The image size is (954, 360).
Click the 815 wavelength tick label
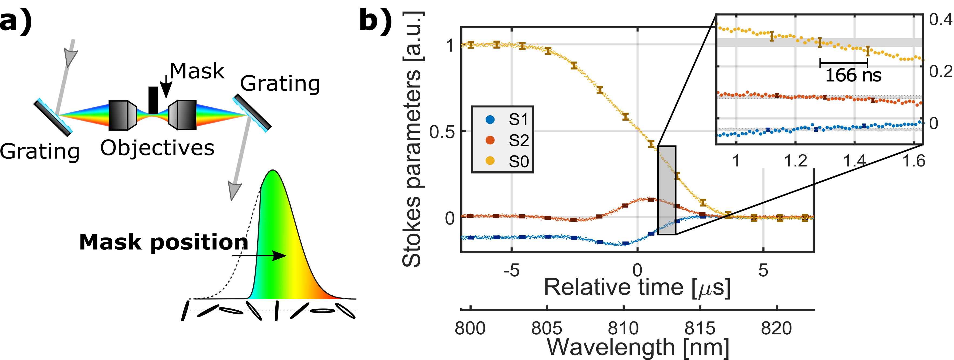[x=700, y=328]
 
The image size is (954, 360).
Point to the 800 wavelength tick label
[x=470, y=328]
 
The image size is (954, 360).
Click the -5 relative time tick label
[x=512, y=271]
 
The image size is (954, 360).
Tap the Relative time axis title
[x=637, y=287]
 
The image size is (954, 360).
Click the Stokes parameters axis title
[x=412, y=139]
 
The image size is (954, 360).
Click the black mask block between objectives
[x=153, y=100]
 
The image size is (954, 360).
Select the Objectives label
[x=157, y=148]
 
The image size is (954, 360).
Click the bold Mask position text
[x=164, y=243]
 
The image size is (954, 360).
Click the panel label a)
[x=16, y=21]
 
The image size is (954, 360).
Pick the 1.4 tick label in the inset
[x=854, y=161]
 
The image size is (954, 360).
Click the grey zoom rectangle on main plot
[x=667, y=190]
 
